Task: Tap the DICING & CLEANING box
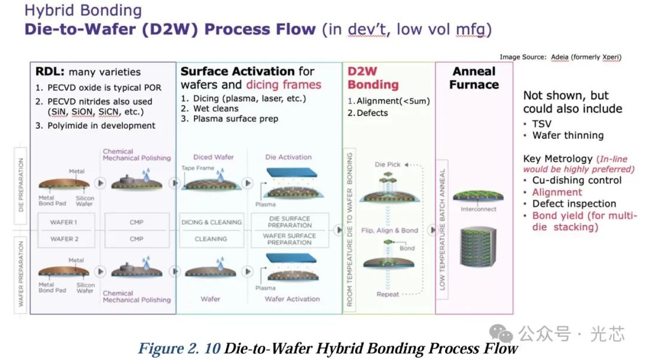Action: point(212,222)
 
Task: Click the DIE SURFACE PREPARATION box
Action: point(290,222)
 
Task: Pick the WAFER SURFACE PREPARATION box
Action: point(290,239)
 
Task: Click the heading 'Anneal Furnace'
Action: point(474,78)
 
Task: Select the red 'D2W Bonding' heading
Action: point(373,78)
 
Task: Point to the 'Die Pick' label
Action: point(387,164)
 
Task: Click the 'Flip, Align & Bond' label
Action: point(389,230)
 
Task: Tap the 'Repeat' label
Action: point(387,294)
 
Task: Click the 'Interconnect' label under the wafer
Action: point(479,209)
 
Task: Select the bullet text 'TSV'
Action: point(541,124)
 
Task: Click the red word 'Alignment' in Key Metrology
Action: point(557,193)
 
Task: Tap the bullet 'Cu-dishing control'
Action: point(577,181)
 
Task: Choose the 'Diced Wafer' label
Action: point(214,157)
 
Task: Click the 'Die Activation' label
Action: point(288,157)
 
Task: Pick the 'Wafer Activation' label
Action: point(292,299)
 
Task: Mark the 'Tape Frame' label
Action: point(198,168)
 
